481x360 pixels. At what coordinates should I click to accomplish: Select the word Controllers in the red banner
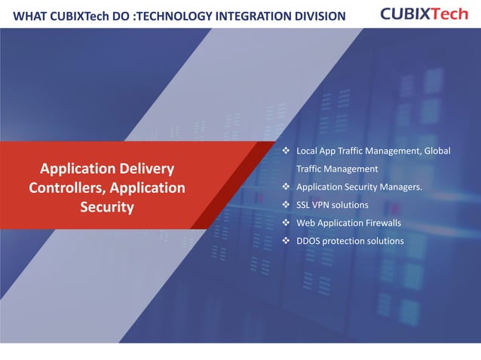pyautogui.click(x=63, y=187)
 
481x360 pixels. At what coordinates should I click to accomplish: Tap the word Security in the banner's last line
pyautogui.click(x=107, y=206)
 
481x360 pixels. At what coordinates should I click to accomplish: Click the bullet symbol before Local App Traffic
pyautogui.click(x=286, y=151)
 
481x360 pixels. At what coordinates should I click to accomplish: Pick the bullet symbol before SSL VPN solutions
pyautogui.click(x=286, y=205)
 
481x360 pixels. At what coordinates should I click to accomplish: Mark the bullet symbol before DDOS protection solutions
pyautogui.click(x=286, y=241)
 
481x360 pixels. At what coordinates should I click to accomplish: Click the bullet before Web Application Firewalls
pyautogui.click(x=286, y=223)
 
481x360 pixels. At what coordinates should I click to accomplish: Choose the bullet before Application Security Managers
pyautogui.click(x=286, y=187)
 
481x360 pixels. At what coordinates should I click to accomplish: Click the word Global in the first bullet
pyautogui.click(x=437, y=151)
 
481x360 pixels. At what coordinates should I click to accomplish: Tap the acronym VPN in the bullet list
pyautogui.click(x=323, y=205)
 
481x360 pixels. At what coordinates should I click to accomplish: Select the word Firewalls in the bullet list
pyautogui.click(x=380, y=223)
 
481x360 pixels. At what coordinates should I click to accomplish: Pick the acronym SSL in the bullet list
pyautogui.click(x=303, y=205)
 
